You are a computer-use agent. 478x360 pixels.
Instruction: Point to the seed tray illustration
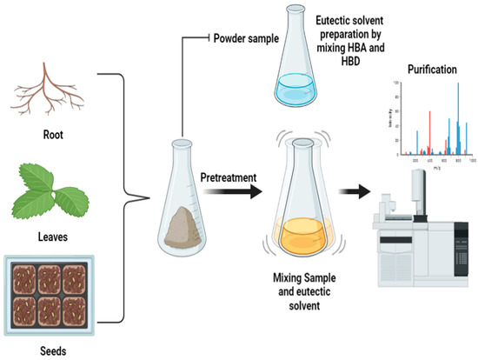pyautogui.click(x=44, y=292)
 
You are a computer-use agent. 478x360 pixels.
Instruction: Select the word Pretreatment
pyautogui.click(x=227, y=178)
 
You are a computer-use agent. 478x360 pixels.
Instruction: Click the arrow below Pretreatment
pyautogui.click(x=228, y=197)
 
